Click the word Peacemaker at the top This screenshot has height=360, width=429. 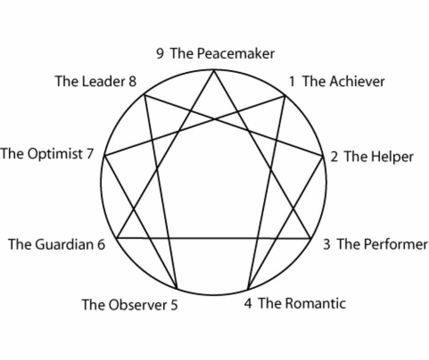(235, 54)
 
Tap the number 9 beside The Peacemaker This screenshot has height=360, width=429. (160, 54)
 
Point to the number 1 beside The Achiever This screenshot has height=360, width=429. (292, 82)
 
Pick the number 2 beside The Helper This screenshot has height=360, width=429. (335, 157)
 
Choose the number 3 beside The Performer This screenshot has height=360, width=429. (327, 244)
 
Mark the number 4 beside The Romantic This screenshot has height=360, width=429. (248, 303)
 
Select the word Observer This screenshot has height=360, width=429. (138, 305)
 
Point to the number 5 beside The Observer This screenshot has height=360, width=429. (174, 305)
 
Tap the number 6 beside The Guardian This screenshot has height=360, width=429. (101, 244)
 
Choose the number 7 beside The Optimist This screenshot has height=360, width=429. (89, 154)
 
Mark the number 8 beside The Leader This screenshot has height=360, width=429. (132, 82)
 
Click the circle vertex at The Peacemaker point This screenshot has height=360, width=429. (214, 69)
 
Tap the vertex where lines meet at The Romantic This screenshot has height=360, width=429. (247, 290)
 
